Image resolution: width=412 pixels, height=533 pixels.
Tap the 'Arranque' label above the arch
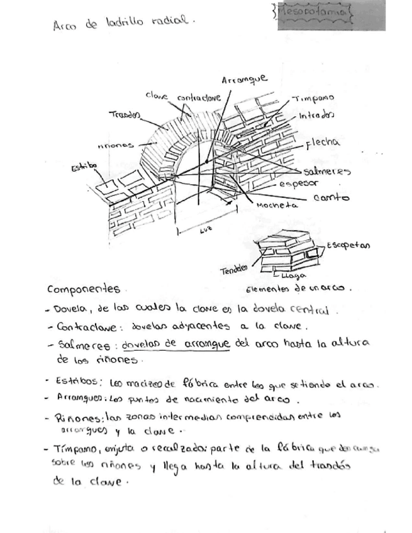pos(244,80)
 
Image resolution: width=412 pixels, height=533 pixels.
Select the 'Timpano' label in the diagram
pos(313,99)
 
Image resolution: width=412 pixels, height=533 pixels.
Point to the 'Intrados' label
pos(316,115)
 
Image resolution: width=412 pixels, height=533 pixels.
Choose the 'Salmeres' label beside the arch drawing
pos(326,171)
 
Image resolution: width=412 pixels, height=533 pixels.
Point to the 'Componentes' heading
pos(83,289)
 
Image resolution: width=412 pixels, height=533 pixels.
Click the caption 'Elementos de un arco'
pos(296,289)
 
